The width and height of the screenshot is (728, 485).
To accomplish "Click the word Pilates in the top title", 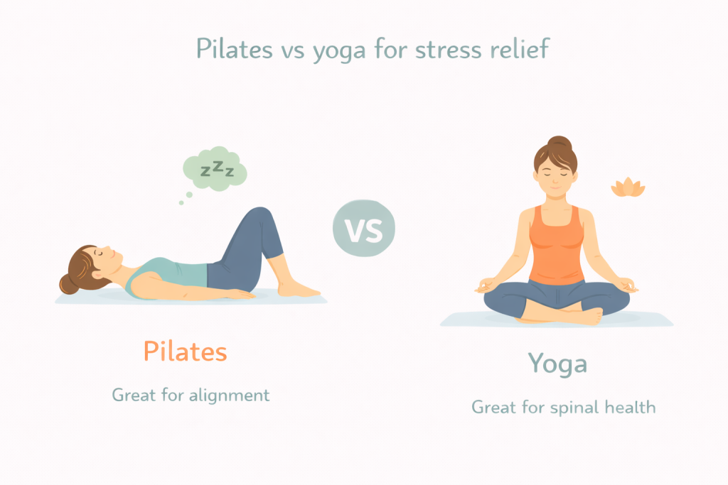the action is [234, 49].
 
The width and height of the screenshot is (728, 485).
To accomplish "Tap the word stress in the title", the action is [448, 49].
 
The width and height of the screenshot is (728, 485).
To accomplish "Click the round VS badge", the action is [364, 228].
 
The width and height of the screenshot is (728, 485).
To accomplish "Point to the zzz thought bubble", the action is [215, 169].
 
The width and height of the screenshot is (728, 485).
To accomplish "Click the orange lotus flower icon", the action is [628, 187].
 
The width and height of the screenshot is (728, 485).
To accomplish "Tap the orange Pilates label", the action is [186, 352].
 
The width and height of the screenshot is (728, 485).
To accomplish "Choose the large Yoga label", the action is [557, 364].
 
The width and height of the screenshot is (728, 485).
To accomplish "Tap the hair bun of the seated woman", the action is [560, 143].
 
